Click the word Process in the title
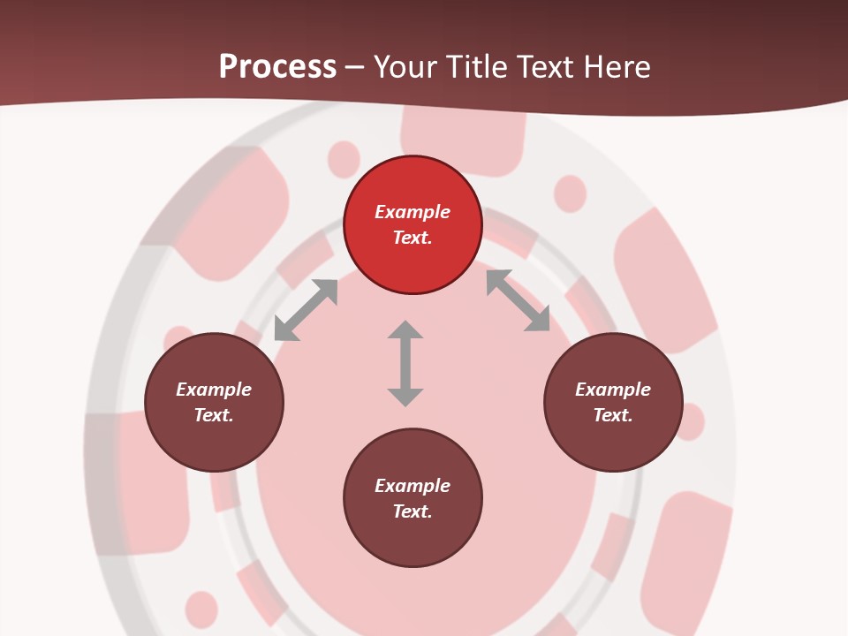click(277, 67)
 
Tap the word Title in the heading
click(476, 67)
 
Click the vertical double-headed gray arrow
click(405, 364)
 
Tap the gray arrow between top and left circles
click(306, 310)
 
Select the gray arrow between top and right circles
click(518, 300)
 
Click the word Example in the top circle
click(413, 212)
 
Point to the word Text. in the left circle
click(214, 415)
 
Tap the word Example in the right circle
click(613, 390)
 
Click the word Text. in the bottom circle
click(413, 511)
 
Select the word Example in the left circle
click(214, 390)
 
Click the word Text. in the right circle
click(613, 415)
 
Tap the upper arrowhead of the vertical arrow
click(405, 330)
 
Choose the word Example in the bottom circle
click(413, 486)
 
